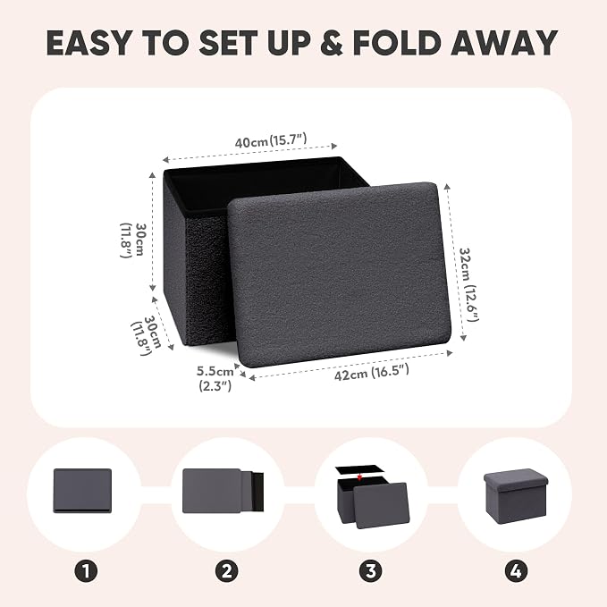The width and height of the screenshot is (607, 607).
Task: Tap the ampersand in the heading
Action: click(332, 42)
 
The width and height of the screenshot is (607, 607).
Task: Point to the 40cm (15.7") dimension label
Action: click(271, 140)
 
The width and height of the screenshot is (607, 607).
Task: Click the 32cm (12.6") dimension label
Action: click(468, 284)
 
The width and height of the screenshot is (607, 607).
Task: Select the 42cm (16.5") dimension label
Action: click(372, 373)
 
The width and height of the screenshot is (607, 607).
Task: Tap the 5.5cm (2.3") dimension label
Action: click(215, 378)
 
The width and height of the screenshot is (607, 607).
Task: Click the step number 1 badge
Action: click(86, 571)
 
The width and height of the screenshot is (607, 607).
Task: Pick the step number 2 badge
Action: click(227, 571)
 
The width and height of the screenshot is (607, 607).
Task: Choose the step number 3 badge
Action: click(370, 571)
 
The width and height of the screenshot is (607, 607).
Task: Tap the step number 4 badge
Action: click(516, 571)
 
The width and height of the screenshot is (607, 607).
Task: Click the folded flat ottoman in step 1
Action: click(82, 491)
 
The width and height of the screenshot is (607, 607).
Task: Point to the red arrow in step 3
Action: click(360, 477)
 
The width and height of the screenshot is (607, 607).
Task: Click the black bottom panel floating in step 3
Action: click(360, 469)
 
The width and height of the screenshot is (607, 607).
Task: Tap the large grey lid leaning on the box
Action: click(339, 274)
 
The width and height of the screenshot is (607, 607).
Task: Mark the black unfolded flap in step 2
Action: click(257, 492)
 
